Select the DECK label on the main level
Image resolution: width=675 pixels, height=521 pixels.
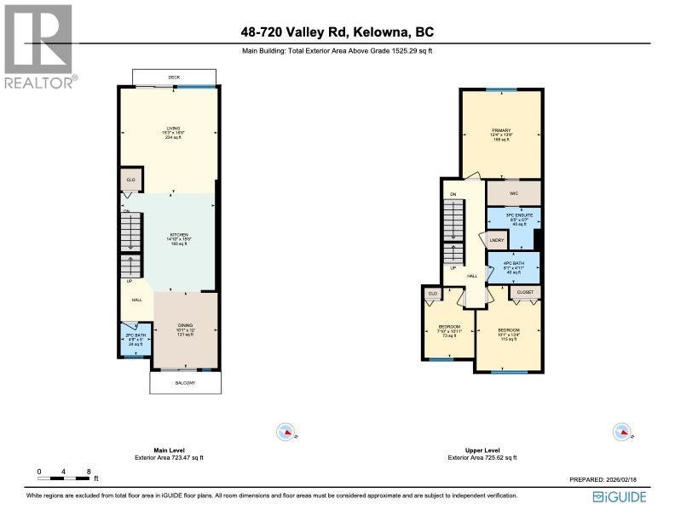174,77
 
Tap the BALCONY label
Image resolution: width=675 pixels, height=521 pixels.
185,383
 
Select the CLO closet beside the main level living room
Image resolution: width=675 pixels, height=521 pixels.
130,180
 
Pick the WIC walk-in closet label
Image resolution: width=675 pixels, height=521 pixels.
513,193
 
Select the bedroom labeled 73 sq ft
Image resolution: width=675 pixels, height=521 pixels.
449,331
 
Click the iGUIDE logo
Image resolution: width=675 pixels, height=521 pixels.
620,497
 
